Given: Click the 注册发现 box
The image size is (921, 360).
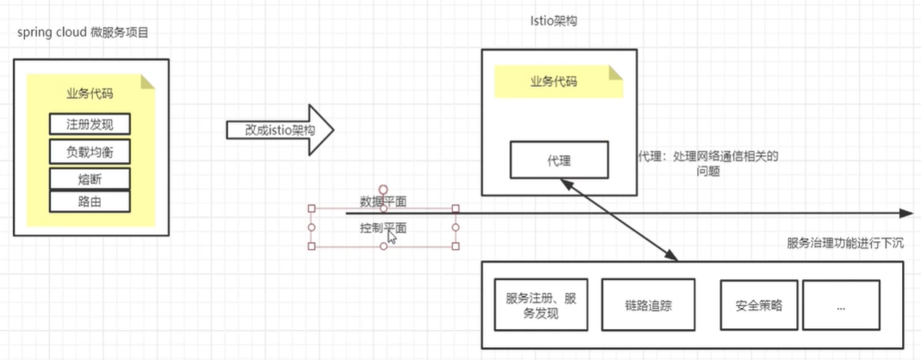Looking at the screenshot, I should (x=90, y=124).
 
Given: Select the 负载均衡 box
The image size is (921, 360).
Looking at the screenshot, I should (x=90, y=152).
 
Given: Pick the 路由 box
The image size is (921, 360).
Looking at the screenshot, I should (x=90, y=202).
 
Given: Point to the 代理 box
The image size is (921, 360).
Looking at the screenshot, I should (x=559, y=160).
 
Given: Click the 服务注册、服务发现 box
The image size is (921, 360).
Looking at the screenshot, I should (x=541, y=305).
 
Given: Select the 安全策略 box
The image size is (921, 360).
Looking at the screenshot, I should (x=759, y=305).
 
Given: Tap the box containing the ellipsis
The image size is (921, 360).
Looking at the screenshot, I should (x=840, y=305).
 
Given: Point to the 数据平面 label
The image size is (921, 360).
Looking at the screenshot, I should (x=383, y=202).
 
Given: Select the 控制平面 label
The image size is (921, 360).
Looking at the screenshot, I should (x=383, y=228).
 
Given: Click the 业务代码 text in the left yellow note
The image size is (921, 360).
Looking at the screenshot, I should (x=90, y=93).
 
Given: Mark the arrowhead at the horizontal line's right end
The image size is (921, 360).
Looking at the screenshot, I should (x=905, y=213).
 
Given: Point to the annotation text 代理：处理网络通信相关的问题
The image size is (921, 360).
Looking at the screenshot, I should (x=707, y=163).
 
